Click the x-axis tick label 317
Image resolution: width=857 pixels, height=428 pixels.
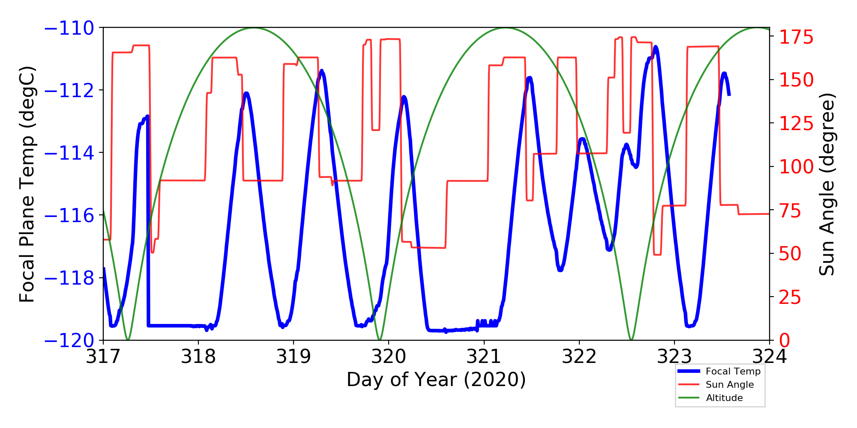tap(103, 357)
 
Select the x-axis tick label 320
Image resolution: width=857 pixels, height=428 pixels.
tap(389, 357)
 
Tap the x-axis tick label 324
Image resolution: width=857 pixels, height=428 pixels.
tap(770, 357)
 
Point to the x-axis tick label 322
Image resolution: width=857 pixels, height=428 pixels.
tap(579, 357)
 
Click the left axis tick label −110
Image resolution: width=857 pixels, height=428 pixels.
tap(69, 28)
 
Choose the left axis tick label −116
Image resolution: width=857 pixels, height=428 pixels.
tap(69, 215)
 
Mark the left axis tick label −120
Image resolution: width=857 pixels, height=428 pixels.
tap(69, 341)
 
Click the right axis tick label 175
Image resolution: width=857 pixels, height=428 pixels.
tap(796, 37)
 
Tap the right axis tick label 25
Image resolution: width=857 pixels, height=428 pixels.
tap(790, 297)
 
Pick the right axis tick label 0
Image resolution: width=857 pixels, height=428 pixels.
tap(785, 341)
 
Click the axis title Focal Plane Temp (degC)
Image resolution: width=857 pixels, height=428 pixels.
tap(27, 184)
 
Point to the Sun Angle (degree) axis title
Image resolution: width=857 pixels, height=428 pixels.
tap(827, 184)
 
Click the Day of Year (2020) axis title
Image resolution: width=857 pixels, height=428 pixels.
tap(436, 380)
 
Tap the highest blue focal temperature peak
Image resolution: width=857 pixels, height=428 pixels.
tap(656, 48)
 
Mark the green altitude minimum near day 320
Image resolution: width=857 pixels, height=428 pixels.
tap(380, 339)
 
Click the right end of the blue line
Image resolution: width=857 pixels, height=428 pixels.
tap(729, 95)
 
